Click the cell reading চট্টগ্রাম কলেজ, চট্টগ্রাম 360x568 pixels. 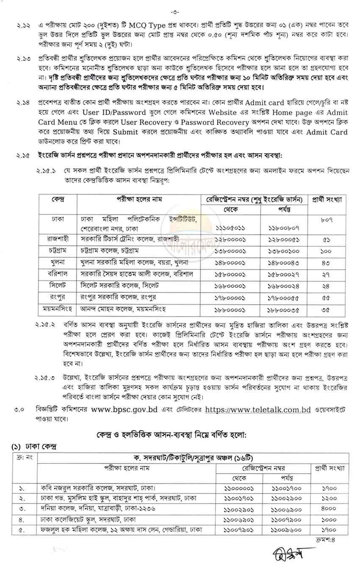point(110,250)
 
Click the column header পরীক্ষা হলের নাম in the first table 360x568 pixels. point(140,199)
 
